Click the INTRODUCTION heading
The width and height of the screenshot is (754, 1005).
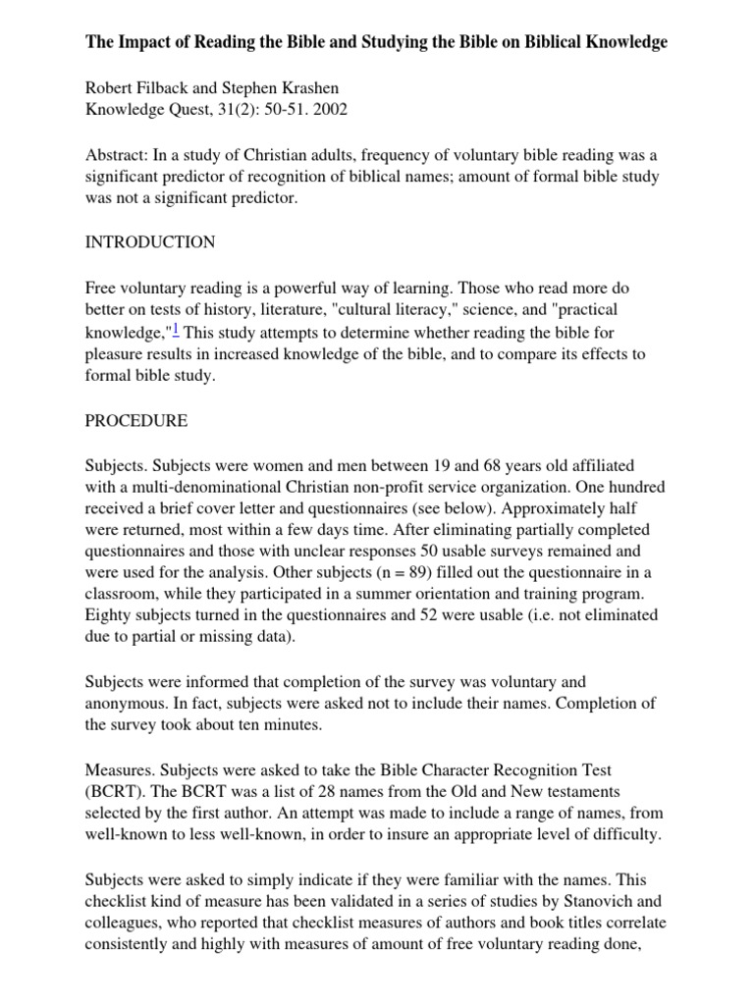pos(150,241)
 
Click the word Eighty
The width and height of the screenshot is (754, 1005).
pos(109,615)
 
